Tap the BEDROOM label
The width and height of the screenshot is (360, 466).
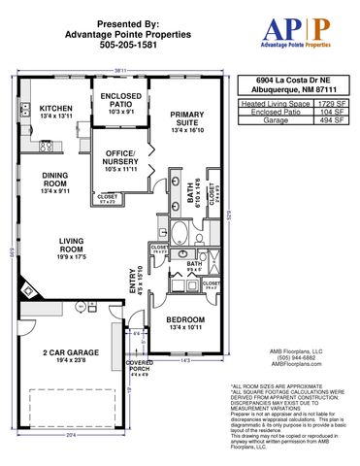click(184, 320)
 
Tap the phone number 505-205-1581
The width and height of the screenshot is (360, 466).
click(115, 45)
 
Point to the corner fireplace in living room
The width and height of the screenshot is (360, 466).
click(30, 288)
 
